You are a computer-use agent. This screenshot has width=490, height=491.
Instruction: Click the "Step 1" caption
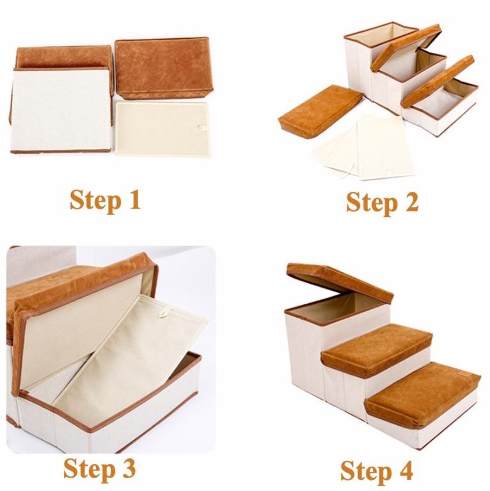tap(105, 199)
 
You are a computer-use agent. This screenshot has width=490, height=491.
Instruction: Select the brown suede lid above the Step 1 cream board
tap(161, 67)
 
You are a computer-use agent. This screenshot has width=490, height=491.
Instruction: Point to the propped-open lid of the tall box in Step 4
tap(339, 281)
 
